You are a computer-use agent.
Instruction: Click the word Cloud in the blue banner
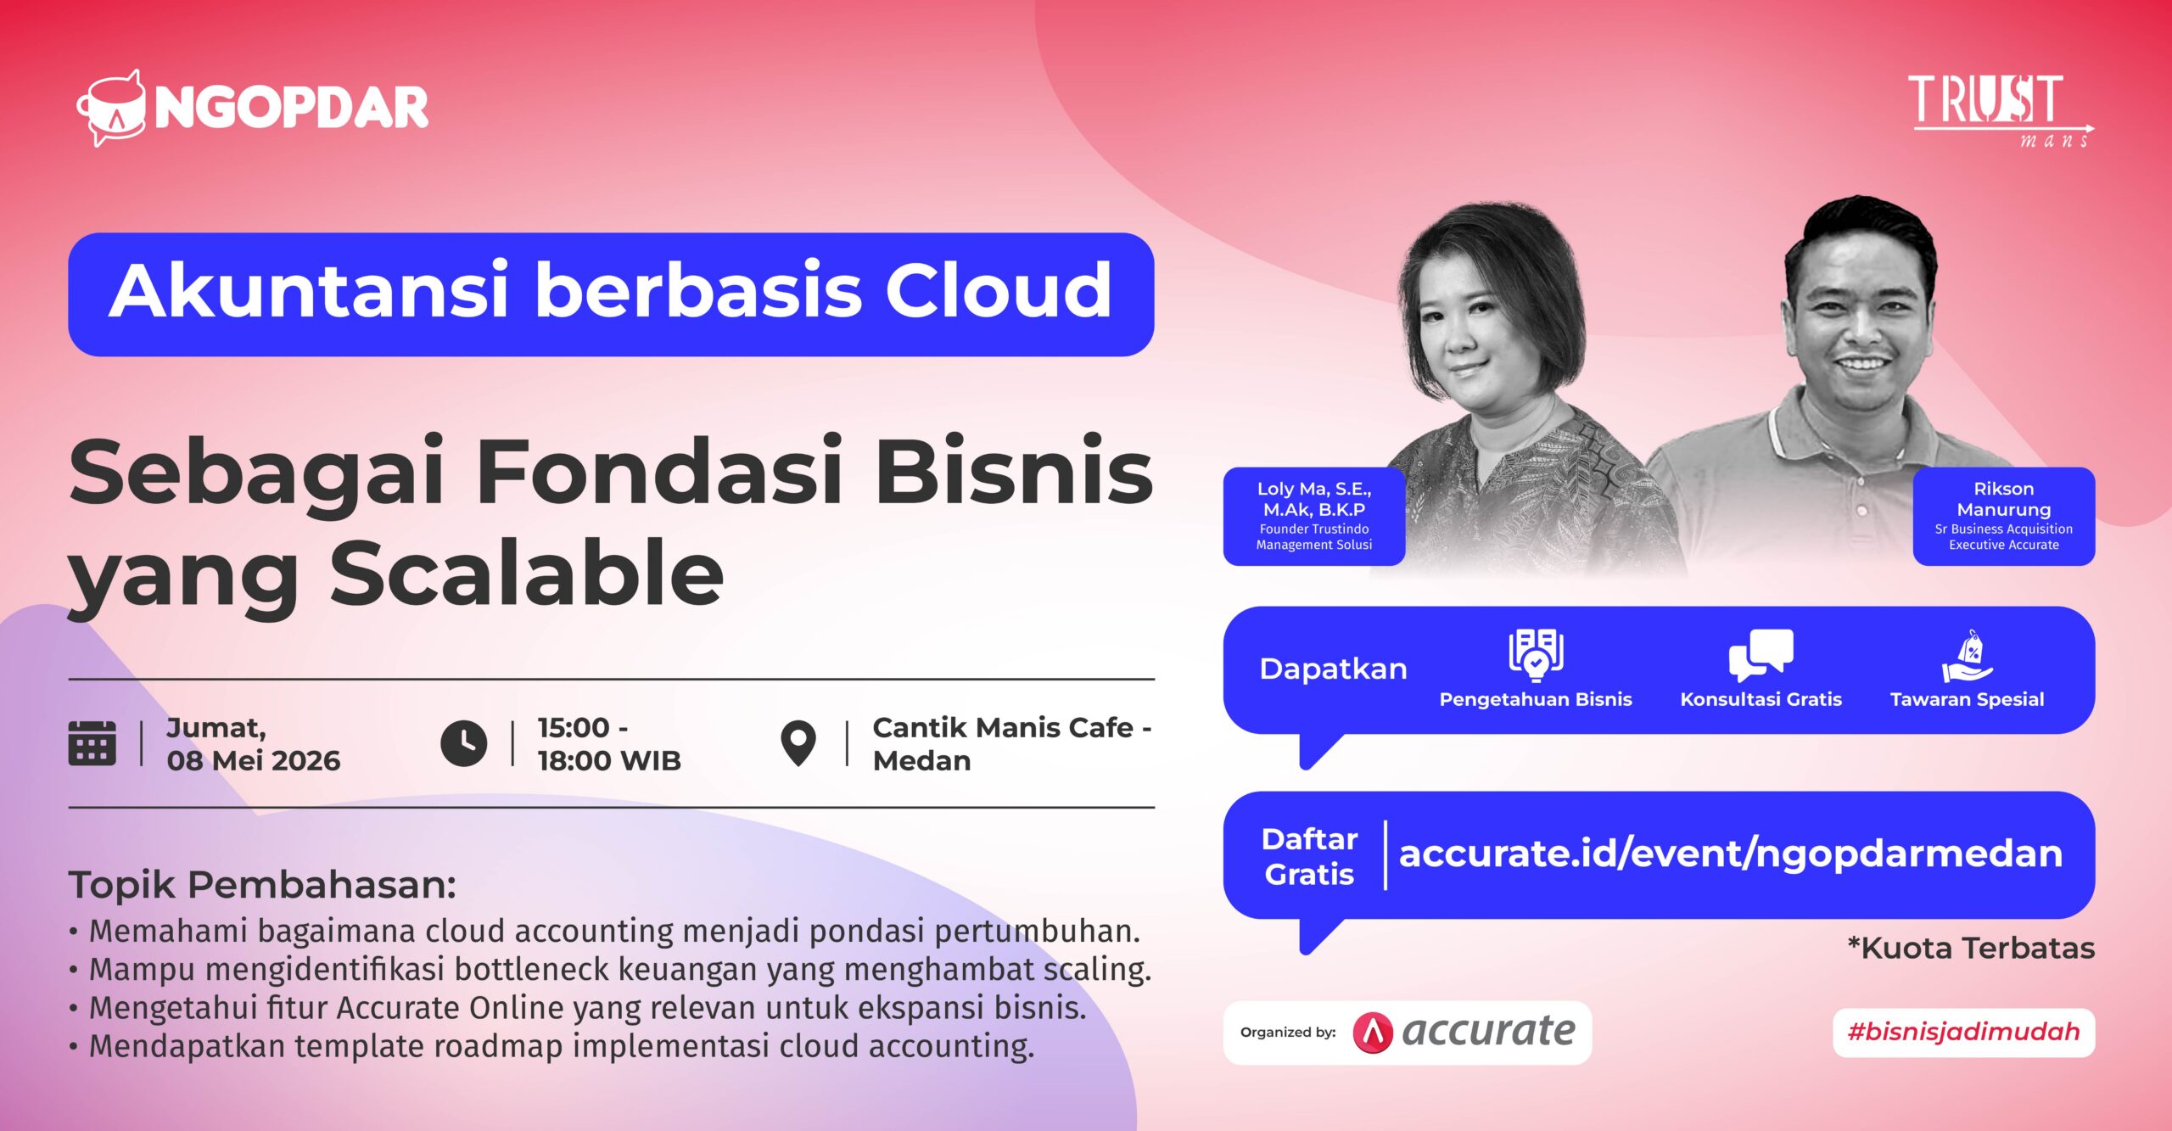(x=998, y=291)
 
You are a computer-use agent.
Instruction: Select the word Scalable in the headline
(x=526, y=575)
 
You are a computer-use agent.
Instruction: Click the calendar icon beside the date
(x=92, y=743)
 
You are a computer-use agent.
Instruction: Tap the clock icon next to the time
(x=464, y=743)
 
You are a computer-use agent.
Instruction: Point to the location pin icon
(x=798, y=743)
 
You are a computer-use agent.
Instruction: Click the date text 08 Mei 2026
(x=253, y=761)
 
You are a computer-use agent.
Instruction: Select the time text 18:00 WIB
(x=609, y=761)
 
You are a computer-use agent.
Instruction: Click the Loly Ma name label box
(x=1313, y=516)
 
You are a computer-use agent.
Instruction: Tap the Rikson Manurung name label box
(x=2003, y=516)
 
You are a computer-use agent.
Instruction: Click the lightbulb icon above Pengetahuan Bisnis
(x=1536, y=655)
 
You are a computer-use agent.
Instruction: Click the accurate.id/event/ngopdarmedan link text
(x=1730, y=854)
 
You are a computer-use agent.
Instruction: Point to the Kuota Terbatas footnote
(x=1971, y=948)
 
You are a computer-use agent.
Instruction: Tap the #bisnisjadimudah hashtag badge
(x=1963, y=1032)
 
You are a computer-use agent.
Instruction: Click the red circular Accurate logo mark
(x=1373, y=1033)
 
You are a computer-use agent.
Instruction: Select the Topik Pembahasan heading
(x=262, y=885)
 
